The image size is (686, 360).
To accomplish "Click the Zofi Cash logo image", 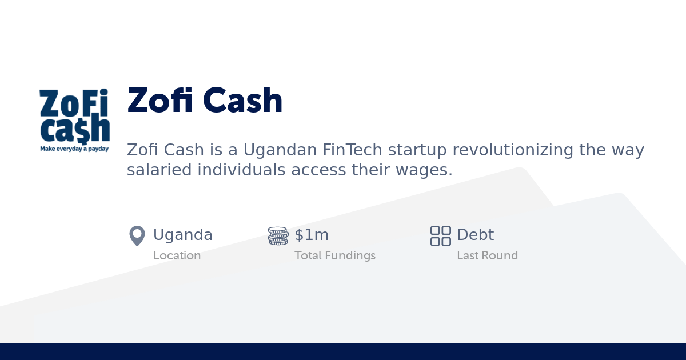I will (74, 117).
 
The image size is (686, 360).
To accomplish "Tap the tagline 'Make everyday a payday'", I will (74, 149).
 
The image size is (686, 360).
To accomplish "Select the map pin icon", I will (137, 235).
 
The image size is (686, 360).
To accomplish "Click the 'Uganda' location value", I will (183, 235).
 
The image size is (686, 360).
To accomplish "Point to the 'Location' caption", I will (177, 255).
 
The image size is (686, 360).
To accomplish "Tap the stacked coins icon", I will (278, 235).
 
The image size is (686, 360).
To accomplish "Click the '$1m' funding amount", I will (312, 235).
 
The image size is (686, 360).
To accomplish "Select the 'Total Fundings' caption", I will (335, 255).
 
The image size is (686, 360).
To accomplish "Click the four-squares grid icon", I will (441, 235).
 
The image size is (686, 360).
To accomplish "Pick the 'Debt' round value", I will (475, 235).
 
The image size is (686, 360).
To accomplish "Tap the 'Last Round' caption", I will (487, 255).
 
